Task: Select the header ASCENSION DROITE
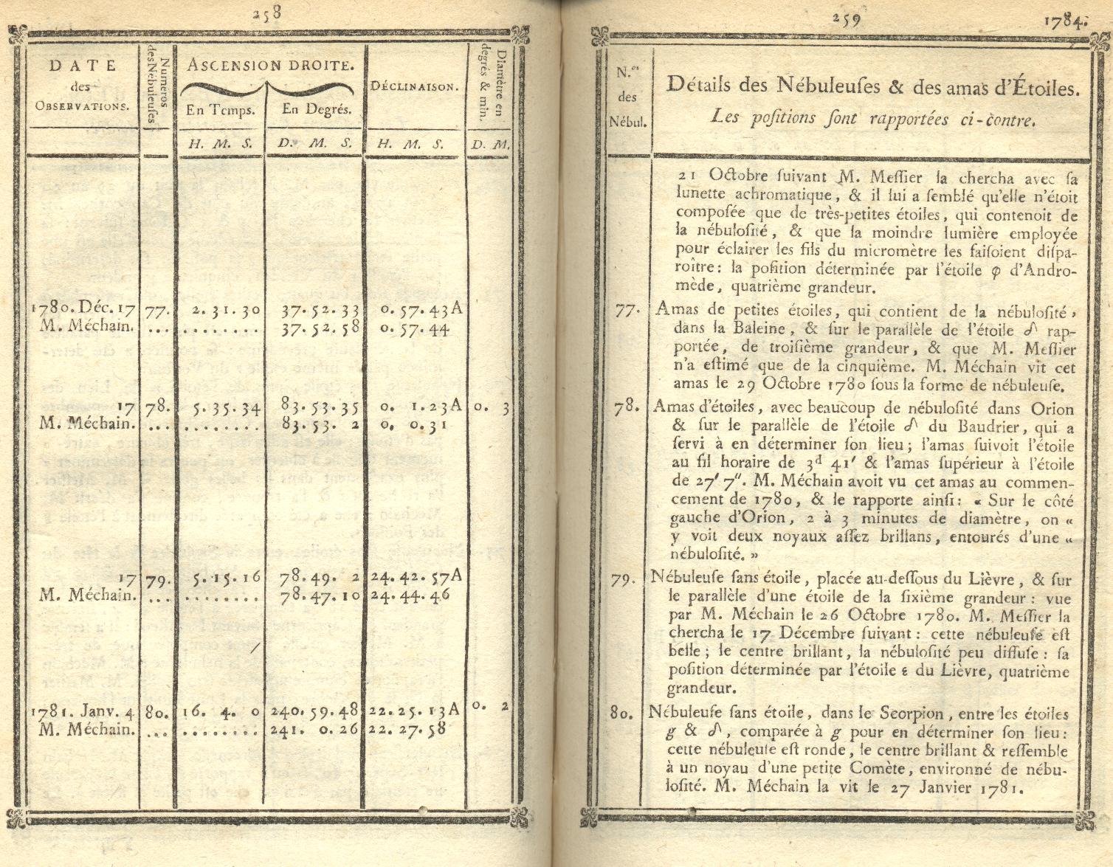[x=267, y=65]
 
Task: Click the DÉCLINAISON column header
[x=415, y=86]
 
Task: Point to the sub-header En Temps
[x=221, y=111]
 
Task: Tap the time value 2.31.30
[x=226, y=309]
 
